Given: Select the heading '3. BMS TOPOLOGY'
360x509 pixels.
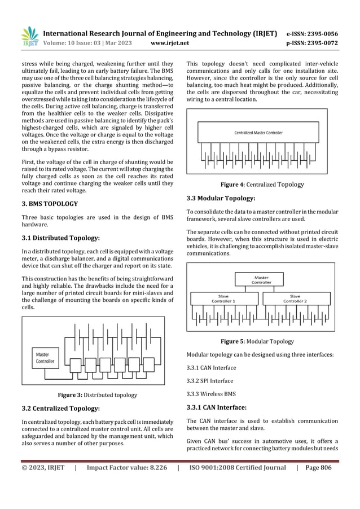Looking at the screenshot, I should pyautogui.click(x=50, y=203).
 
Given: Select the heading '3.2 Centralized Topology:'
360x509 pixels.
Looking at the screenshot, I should pyautogui.click(x=61, y=408).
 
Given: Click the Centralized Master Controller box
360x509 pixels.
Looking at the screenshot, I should pyautogui.click(x=259, y=133).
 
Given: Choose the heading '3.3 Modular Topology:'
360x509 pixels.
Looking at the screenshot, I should pyautogui.click(x=221, y=198).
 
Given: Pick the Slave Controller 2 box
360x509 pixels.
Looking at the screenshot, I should pyautogui.click(x=295, y=299).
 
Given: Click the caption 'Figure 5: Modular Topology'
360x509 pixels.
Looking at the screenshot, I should pyautogui.click(x=257, y=341).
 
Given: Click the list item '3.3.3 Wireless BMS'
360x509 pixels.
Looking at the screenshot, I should pyautogui.click(x=211, y=394).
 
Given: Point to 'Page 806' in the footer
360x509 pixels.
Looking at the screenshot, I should pyautogui.click(x=318, y=467).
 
